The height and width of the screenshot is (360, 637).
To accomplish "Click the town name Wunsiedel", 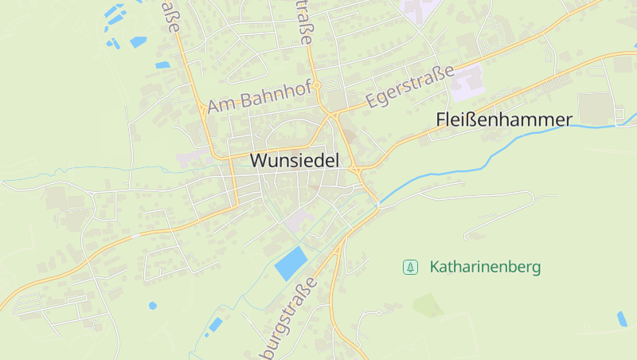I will pyautogui.click(x=295, y=160).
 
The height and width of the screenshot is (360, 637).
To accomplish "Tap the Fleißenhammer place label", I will pyautogui.click(x=504, y=120).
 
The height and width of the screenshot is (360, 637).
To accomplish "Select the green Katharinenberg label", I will pyautogui.click(x=485, y=267).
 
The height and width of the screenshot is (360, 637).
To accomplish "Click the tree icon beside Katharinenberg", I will pyautogui.click(x=410, y=267).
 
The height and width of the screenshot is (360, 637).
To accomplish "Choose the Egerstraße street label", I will pyautogui.click(x=410, y=87).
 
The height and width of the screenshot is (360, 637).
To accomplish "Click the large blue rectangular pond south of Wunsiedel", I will pyautogui.click(x=291, y=263).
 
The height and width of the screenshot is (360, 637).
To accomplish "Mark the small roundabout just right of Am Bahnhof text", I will pyautogui.click(x=316, y=84).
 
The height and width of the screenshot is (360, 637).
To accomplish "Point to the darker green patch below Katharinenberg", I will pyautogui.click(x=428, y=305).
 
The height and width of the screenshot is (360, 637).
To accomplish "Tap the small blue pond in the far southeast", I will pyautogui.click(x=622, y=319).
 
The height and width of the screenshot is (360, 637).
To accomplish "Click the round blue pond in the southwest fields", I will pyautogui.click(x=152, y=305).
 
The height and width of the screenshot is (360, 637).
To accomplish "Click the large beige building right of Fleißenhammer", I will pyautogui.click(x=596, y=107).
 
